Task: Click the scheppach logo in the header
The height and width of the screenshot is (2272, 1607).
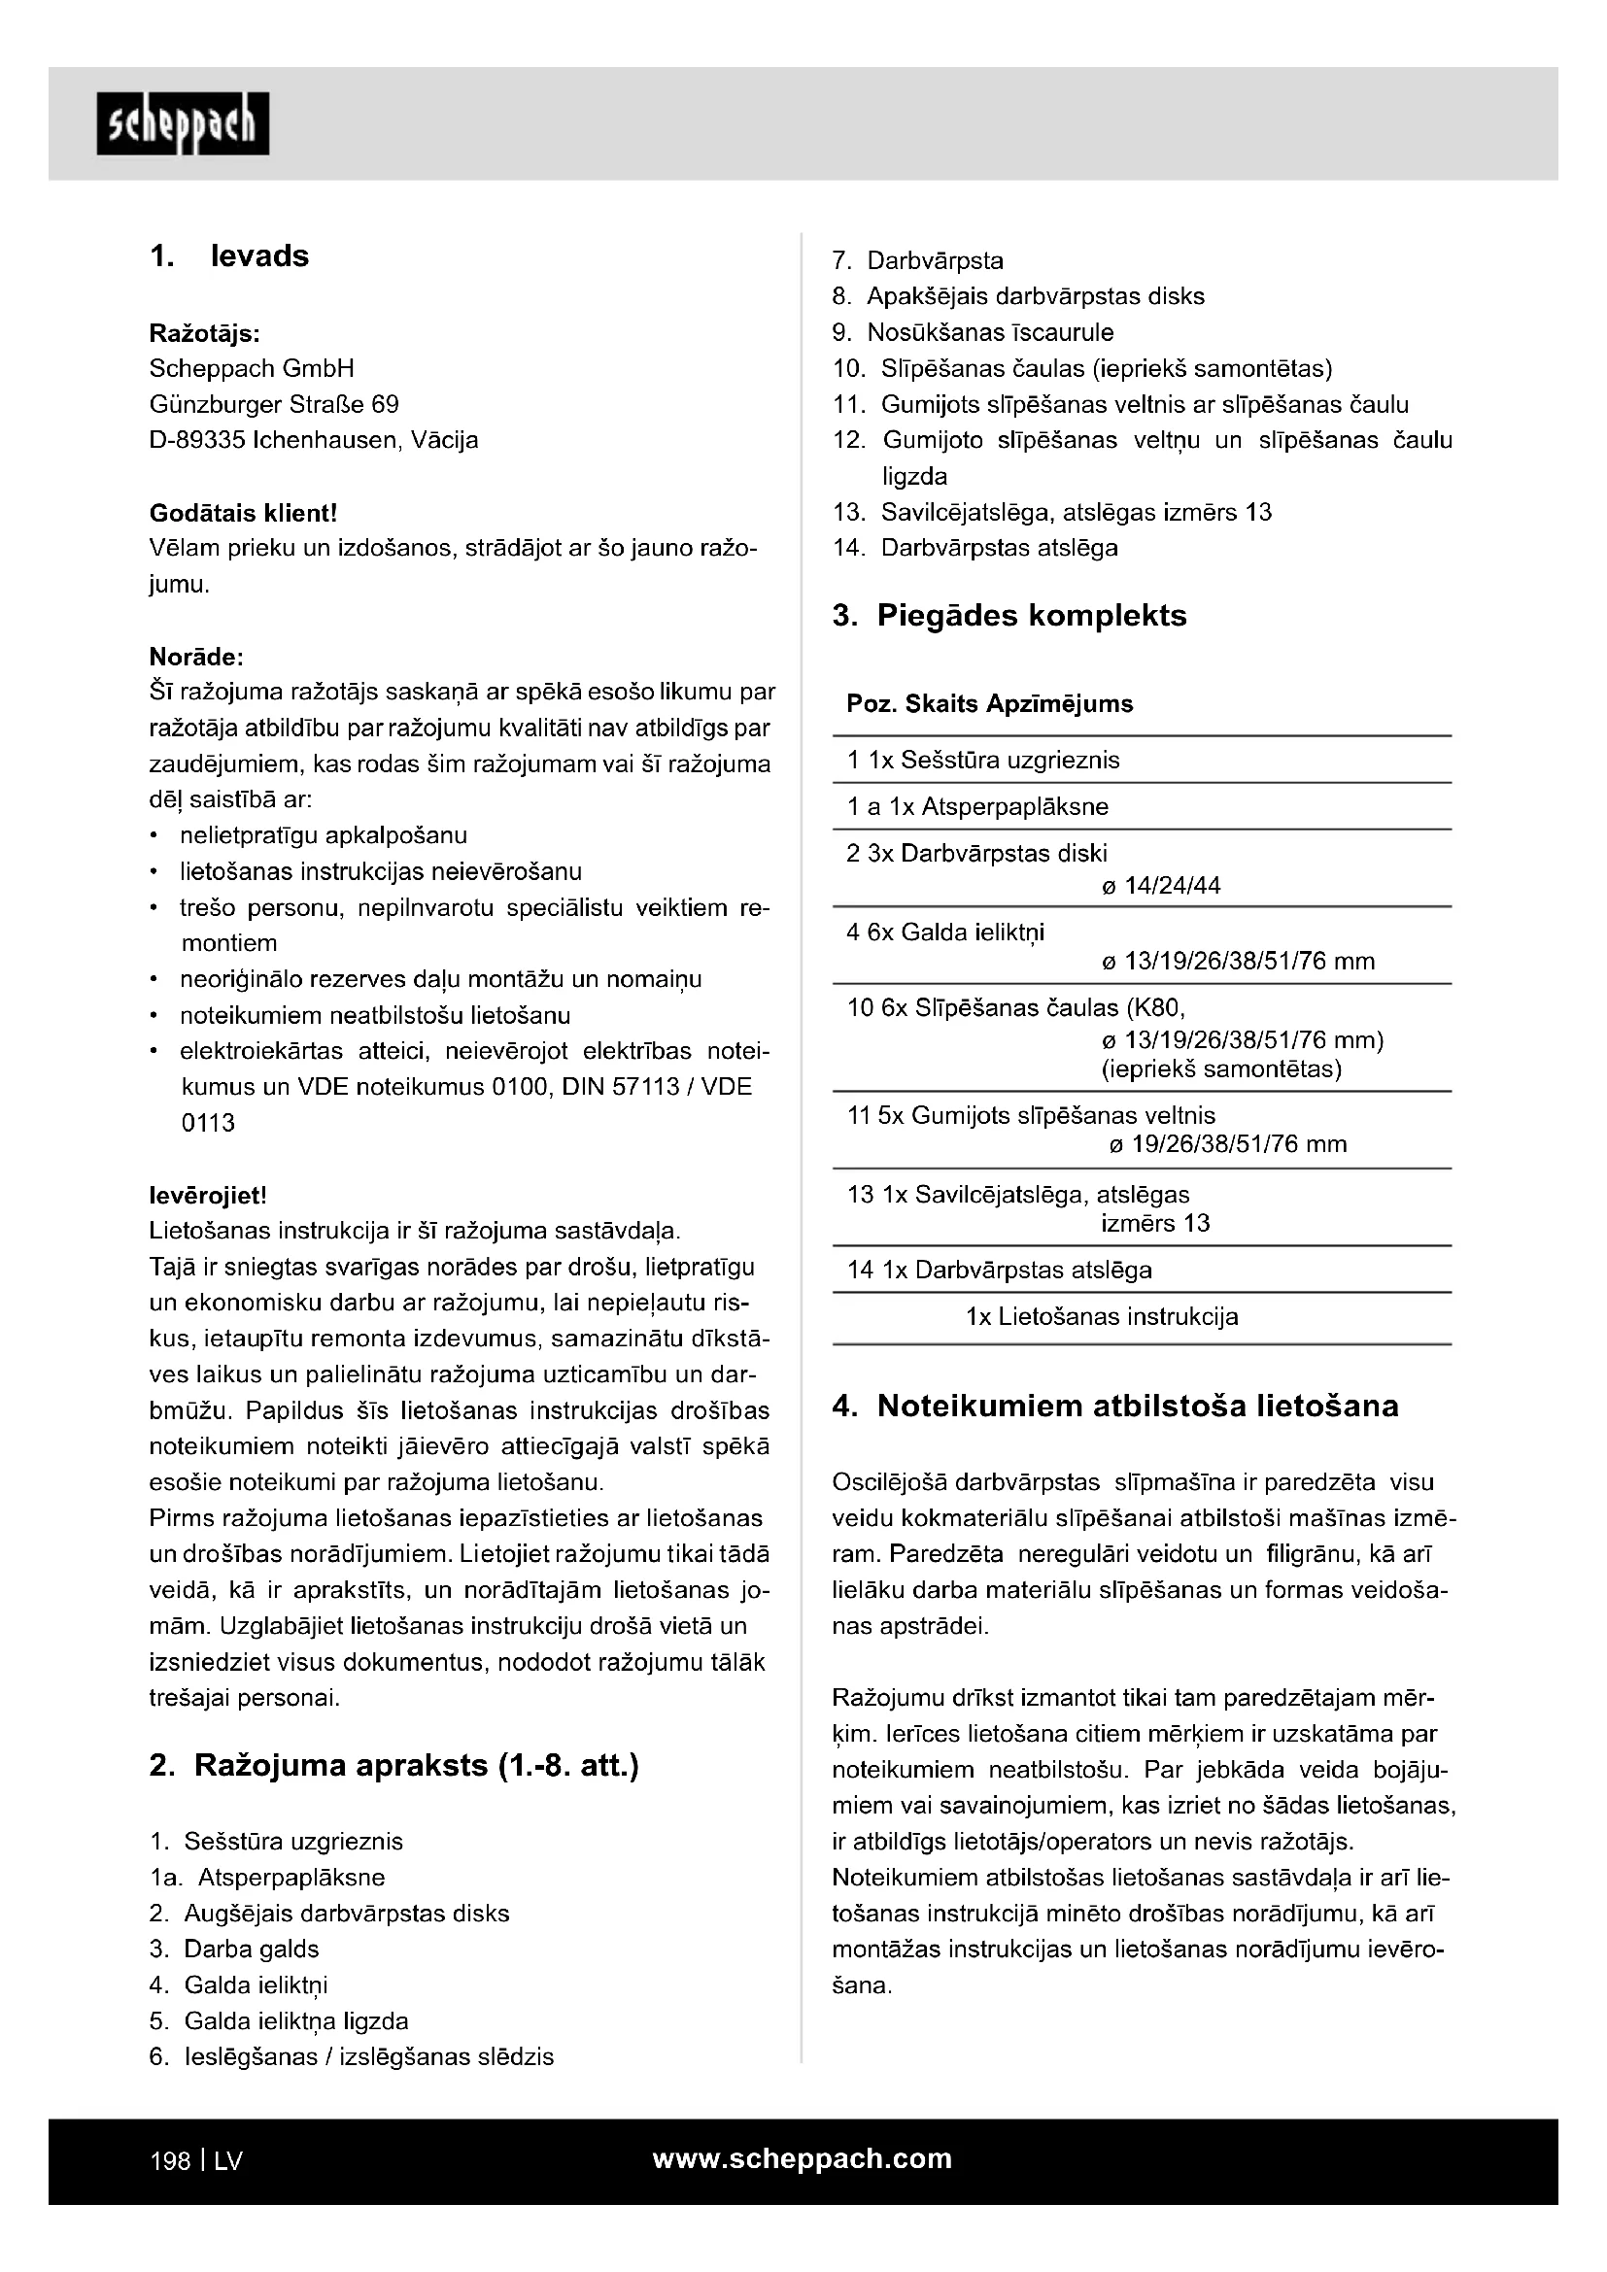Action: [183, 123]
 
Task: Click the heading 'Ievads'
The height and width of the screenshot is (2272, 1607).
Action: [259, 256]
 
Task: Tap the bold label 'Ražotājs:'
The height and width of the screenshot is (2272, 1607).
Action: [205, 332]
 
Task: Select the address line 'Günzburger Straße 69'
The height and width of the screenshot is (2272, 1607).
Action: [274, 404]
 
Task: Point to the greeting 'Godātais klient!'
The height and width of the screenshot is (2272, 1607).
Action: [244, 513]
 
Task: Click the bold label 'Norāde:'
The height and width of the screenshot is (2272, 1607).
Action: [196, 657]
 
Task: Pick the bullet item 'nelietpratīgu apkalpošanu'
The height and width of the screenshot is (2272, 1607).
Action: [324, 835]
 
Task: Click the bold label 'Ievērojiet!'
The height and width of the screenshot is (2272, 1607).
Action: [208, 1196]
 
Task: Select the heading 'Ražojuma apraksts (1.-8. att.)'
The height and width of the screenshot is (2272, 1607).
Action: [416, 1764]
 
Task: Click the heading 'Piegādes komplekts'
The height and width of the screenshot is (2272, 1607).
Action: [1032, 616]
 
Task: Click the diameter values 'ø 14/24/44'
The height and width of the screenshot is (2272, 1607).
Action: [1161, 885]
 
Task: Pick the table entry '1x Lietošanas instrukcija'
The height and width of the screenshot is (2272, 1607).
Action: [1102, 1316]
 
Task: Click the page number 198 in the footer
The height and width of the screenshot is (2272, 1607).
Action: [169, 2161]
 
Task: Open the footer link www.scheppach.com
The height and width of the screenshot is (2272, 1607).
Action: [803, 2158]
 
